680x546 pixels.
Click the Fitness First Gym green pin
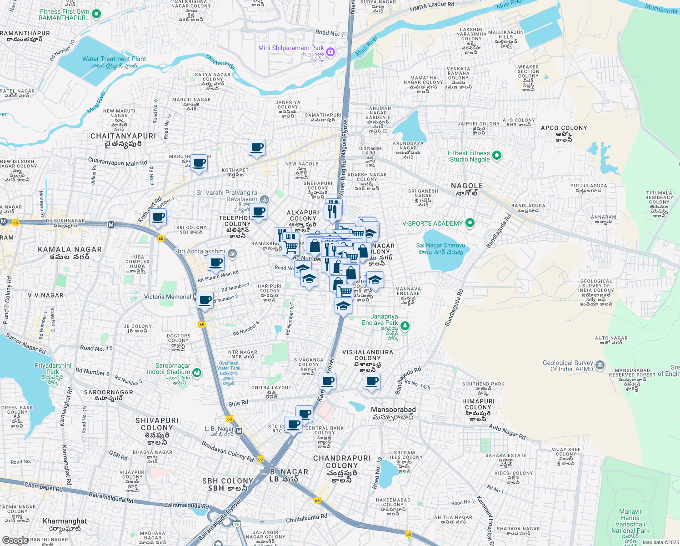point(96,14)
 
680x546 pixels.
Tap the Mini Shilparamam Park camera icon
point(330,52)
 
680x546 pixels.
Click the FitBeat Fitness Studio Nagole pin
point(497,156)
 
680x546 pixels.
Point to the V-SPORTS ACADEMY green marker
point(470,223)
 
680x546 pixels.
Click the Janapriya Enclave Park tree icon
point(405,325)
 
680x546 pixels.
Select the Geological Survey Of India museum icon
point(600,365)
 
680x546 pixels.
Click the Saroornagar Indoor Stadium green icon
point(196,373)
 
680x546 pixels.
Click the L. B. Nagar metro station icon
point(239,431)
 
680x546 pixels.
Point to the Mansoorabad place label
point(393,409)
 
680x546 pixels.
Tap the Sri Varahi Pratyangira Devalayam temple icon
point(265,199)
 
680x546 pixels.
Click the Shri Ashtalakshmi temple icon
point(232,253)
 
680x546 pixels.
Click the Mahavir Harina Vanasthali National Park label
point(630,521)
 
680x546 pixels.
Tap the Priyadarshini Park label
point(53,369)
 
